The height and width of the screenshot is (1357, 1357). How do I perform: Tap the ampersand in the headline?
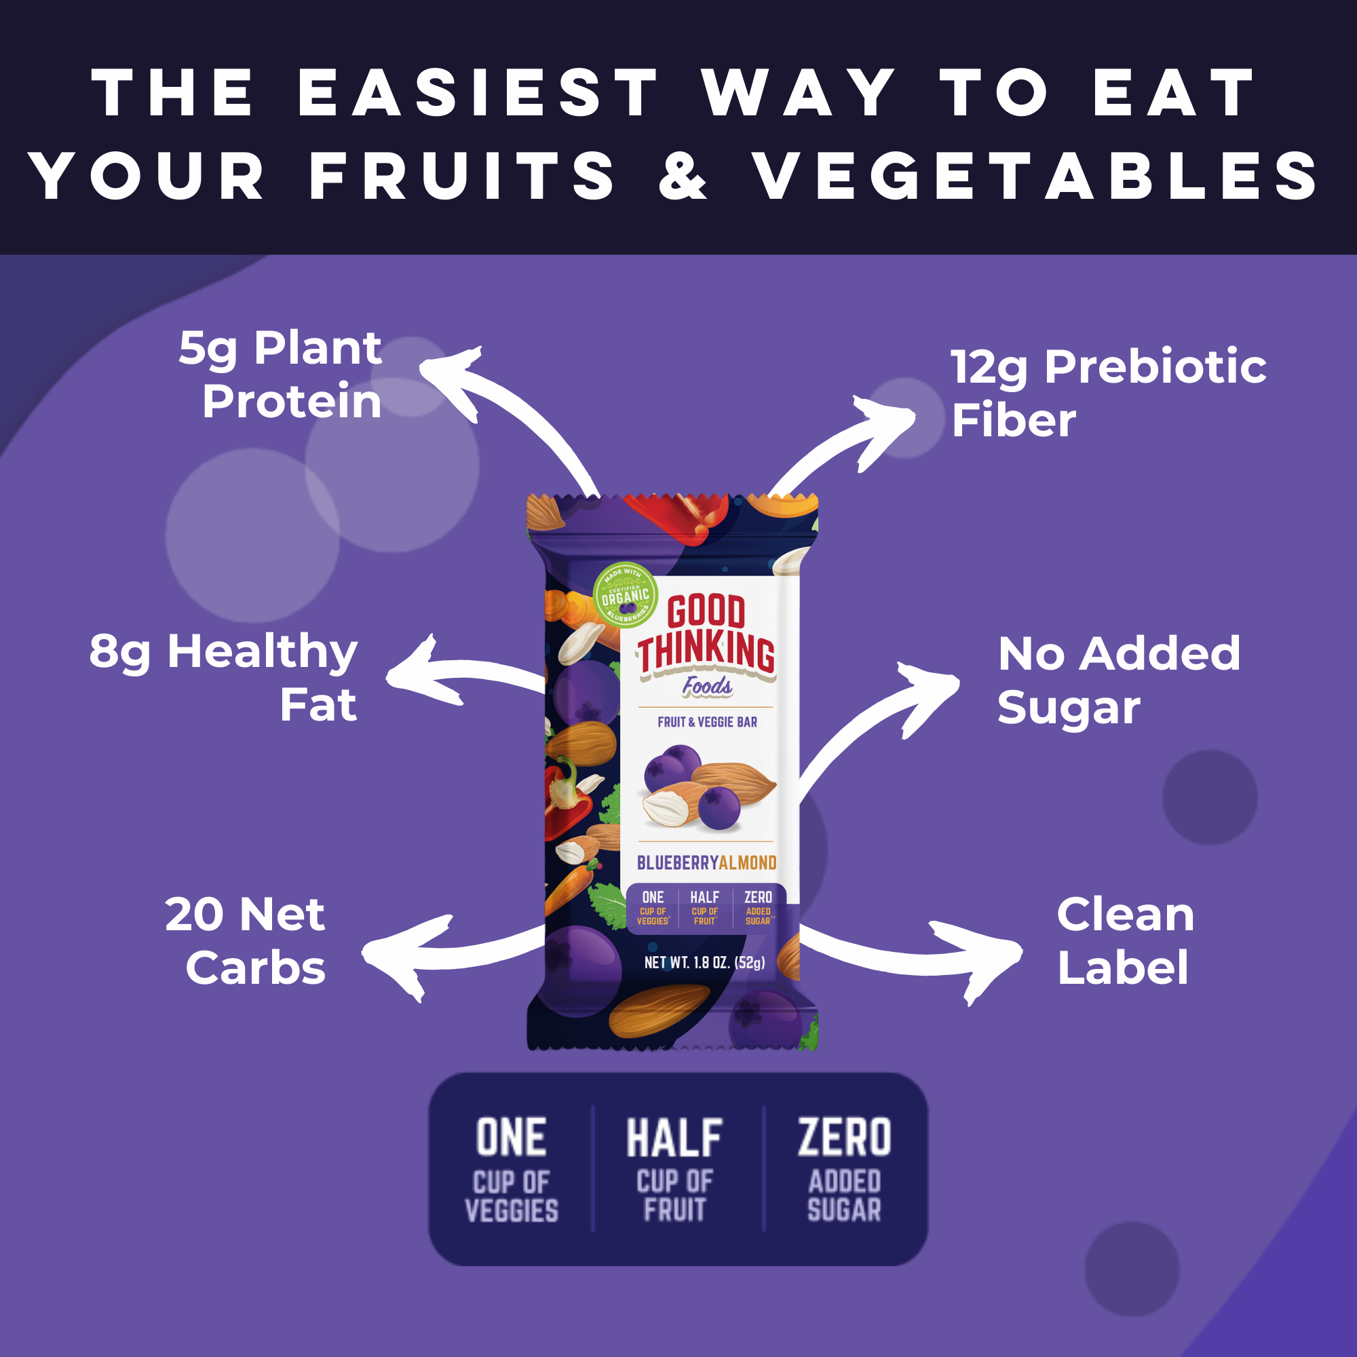click(682, 176)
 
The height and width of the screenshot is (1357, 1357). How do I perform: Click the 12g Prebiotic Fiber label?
click(1108, 393)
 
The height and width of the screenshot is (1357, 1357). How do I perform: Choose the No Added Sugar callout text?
click(1118, 679)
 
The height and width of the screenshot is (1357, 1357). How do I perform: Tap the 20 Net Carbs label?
click(246, 940)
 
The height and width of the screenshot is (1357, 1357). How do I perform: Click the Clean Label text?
click(1124, 940)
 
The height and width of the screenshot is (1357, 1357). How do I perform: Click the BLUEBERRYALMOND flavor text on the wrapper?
click(706, 862)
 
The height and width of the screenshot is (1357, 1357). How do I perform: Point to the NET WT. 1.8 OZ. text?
click(704, 962)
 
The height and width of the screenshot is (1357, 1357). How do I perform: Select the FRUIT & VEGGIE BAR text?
click(706, 722)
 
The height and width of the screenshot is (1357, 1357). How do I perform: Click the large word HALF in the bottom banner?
click(674, 1139)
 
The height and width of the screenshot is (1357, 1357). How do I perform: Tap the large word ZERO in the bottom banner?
click(844, 1138)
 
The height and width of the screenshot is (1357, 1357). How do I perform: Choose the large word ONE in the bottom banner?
click(512, 1139)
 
